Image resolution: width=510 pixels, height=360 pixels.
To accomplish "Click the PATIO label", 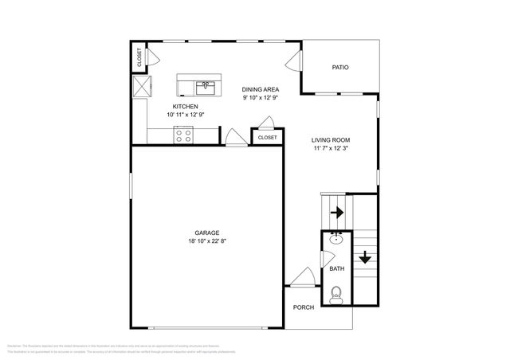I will (340, 68).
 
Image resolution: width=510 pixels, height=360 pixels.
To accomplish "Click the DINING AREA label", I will (261, 90).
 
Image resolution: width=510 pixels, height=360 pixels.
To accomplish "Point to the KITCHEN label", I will (185, 107).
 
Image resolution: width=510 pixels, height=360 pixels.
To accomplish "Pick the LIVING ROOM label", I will (330, 140).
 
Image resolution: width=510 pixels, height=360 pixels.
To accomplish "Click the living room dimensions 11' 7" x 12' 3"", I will (330, 148).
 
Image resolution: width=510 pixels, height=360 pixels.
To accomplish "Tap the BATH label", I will (336, 269).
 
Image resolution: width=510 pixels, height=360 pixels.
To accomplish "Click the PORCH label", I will (303, 307).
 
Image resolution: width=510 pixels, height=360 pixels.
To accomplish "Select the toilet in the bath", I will (336, 294).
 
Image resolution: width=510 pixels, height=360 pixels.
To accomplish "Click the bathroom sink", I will (336, 238).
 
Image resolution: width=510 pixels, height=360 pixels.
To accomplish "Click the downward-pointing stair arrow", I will (364, 256).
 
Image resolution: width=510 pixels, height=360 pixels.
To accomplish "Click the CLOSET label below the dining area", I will (267, 138).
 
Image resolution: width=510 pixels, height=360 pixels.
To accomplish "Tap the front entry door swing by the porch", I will (303, 278).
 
